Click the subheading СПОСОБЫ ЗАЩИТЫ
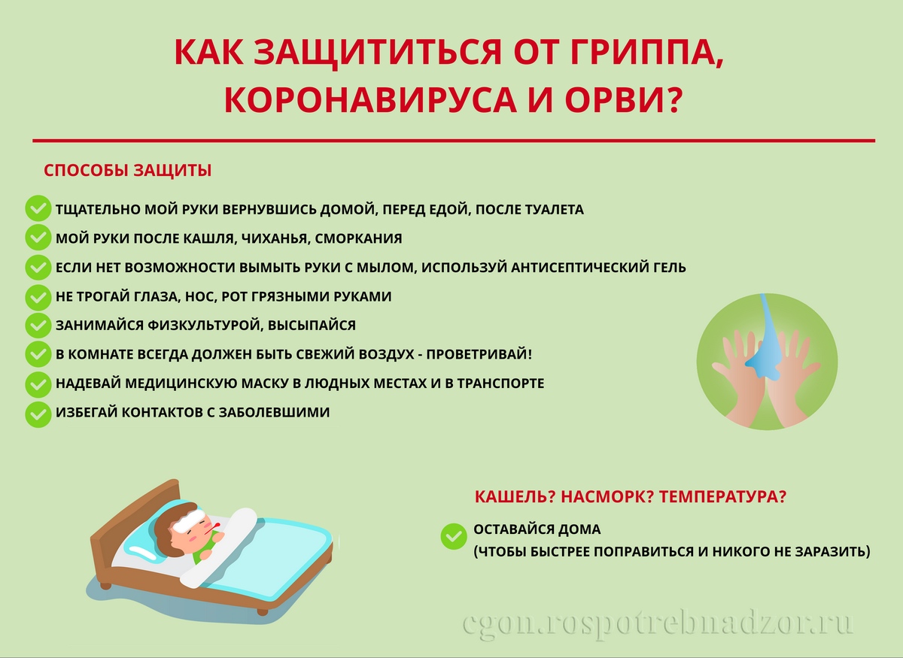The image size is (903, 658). (127, 171)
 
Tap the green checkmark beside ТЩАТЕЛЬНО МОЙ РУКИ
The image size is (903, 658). (38, 208)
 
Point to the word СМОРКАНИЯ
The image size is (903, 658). (358, 238)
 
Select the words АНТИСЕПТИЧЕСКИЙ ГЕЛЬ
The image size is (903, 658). (598, 268)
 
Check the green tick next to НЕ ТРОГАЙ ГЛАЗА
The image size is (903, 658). (38, 298)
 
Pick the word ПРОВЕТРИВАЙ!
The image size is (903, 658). (479, 354)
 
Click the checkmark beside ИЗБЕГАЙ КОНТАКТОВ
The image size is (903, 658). (38, 414)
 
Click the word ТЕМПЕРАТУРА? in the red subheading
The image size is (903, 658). (722, 497)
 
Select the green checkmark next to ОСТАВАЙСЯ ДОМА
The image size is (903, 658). (454, 536)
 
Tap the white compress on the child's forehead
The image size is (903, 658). (189, 520)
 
